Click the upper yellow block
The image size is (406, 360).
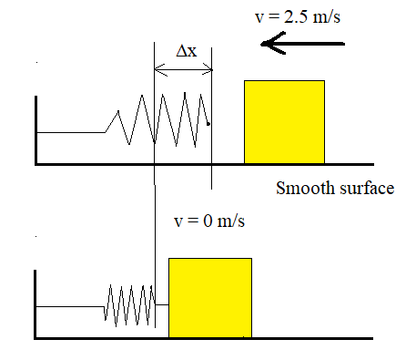click(x=284, y=121)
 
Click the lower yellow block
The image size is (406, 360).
click(x=209, y=298)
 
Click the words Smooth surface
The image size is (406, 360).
click(x=334, y=190)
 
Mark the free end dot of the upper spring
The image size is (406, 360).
click(x=208, y=124)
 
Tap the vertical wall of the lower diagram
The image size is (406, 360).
click(x=36, y=304)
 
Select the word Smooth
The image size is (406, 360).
click(x=302, y=190)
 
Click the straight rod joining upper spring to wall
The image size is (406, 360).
click(x=71, y=133)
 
